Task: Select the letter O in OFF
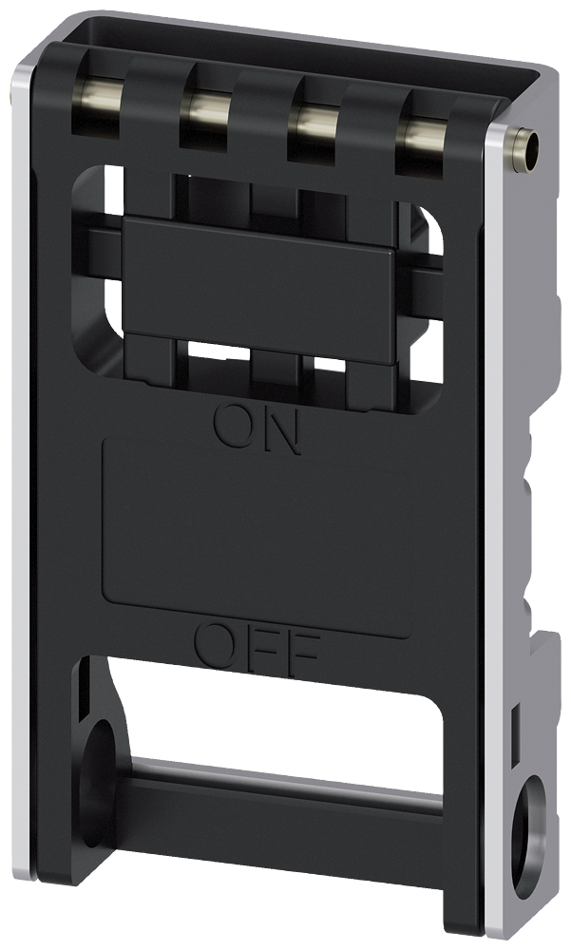[216, 644]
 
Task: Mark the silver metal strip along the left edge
[21, 475]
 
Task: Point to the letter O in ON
[233, 427]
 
